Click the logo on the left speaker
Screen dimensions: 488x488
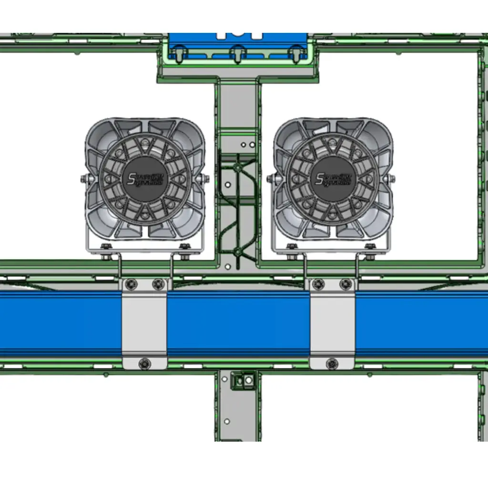(x=145, y=179)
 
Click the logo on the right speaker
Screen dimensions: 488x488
(x=333, y=179)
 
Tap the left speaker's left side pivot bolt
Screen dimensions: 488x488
(x=84, y=179)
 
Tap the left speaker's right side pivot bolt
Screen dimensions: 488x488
(x=206, y=179)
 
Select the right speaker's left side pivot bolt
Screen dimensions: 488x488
(x=272, y=179)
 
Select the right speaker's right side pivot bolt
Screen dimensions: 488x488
(x=394, y=179)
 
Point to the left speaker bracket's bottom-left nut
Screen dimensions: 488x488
(x=106, y=247)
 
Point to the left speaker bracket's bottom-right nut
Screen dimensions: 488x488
(x=184, y=247)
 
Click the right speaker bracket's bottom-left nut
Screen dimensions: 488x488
(x=292, y=247)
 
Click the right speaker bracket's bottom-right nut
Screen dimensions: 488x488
(x=370, y=247)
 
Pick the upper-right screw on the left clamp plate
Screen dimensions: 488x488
(x=158, y=285)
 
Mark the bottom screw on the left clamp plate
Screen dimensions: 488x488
(x=144, y=364)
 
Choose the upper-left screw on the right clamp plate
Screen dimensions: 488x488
(x=318, y=285)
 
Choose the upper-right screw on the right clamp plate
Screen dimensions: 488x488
(x=346, y=285)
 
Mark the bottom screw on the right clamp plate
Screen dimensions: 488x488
(x=332, y=364)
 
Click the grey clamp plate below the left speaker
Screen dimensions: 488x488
(x=144, y=324)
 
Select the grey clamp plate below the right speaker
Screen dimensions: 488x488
(x=332, y=324)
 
